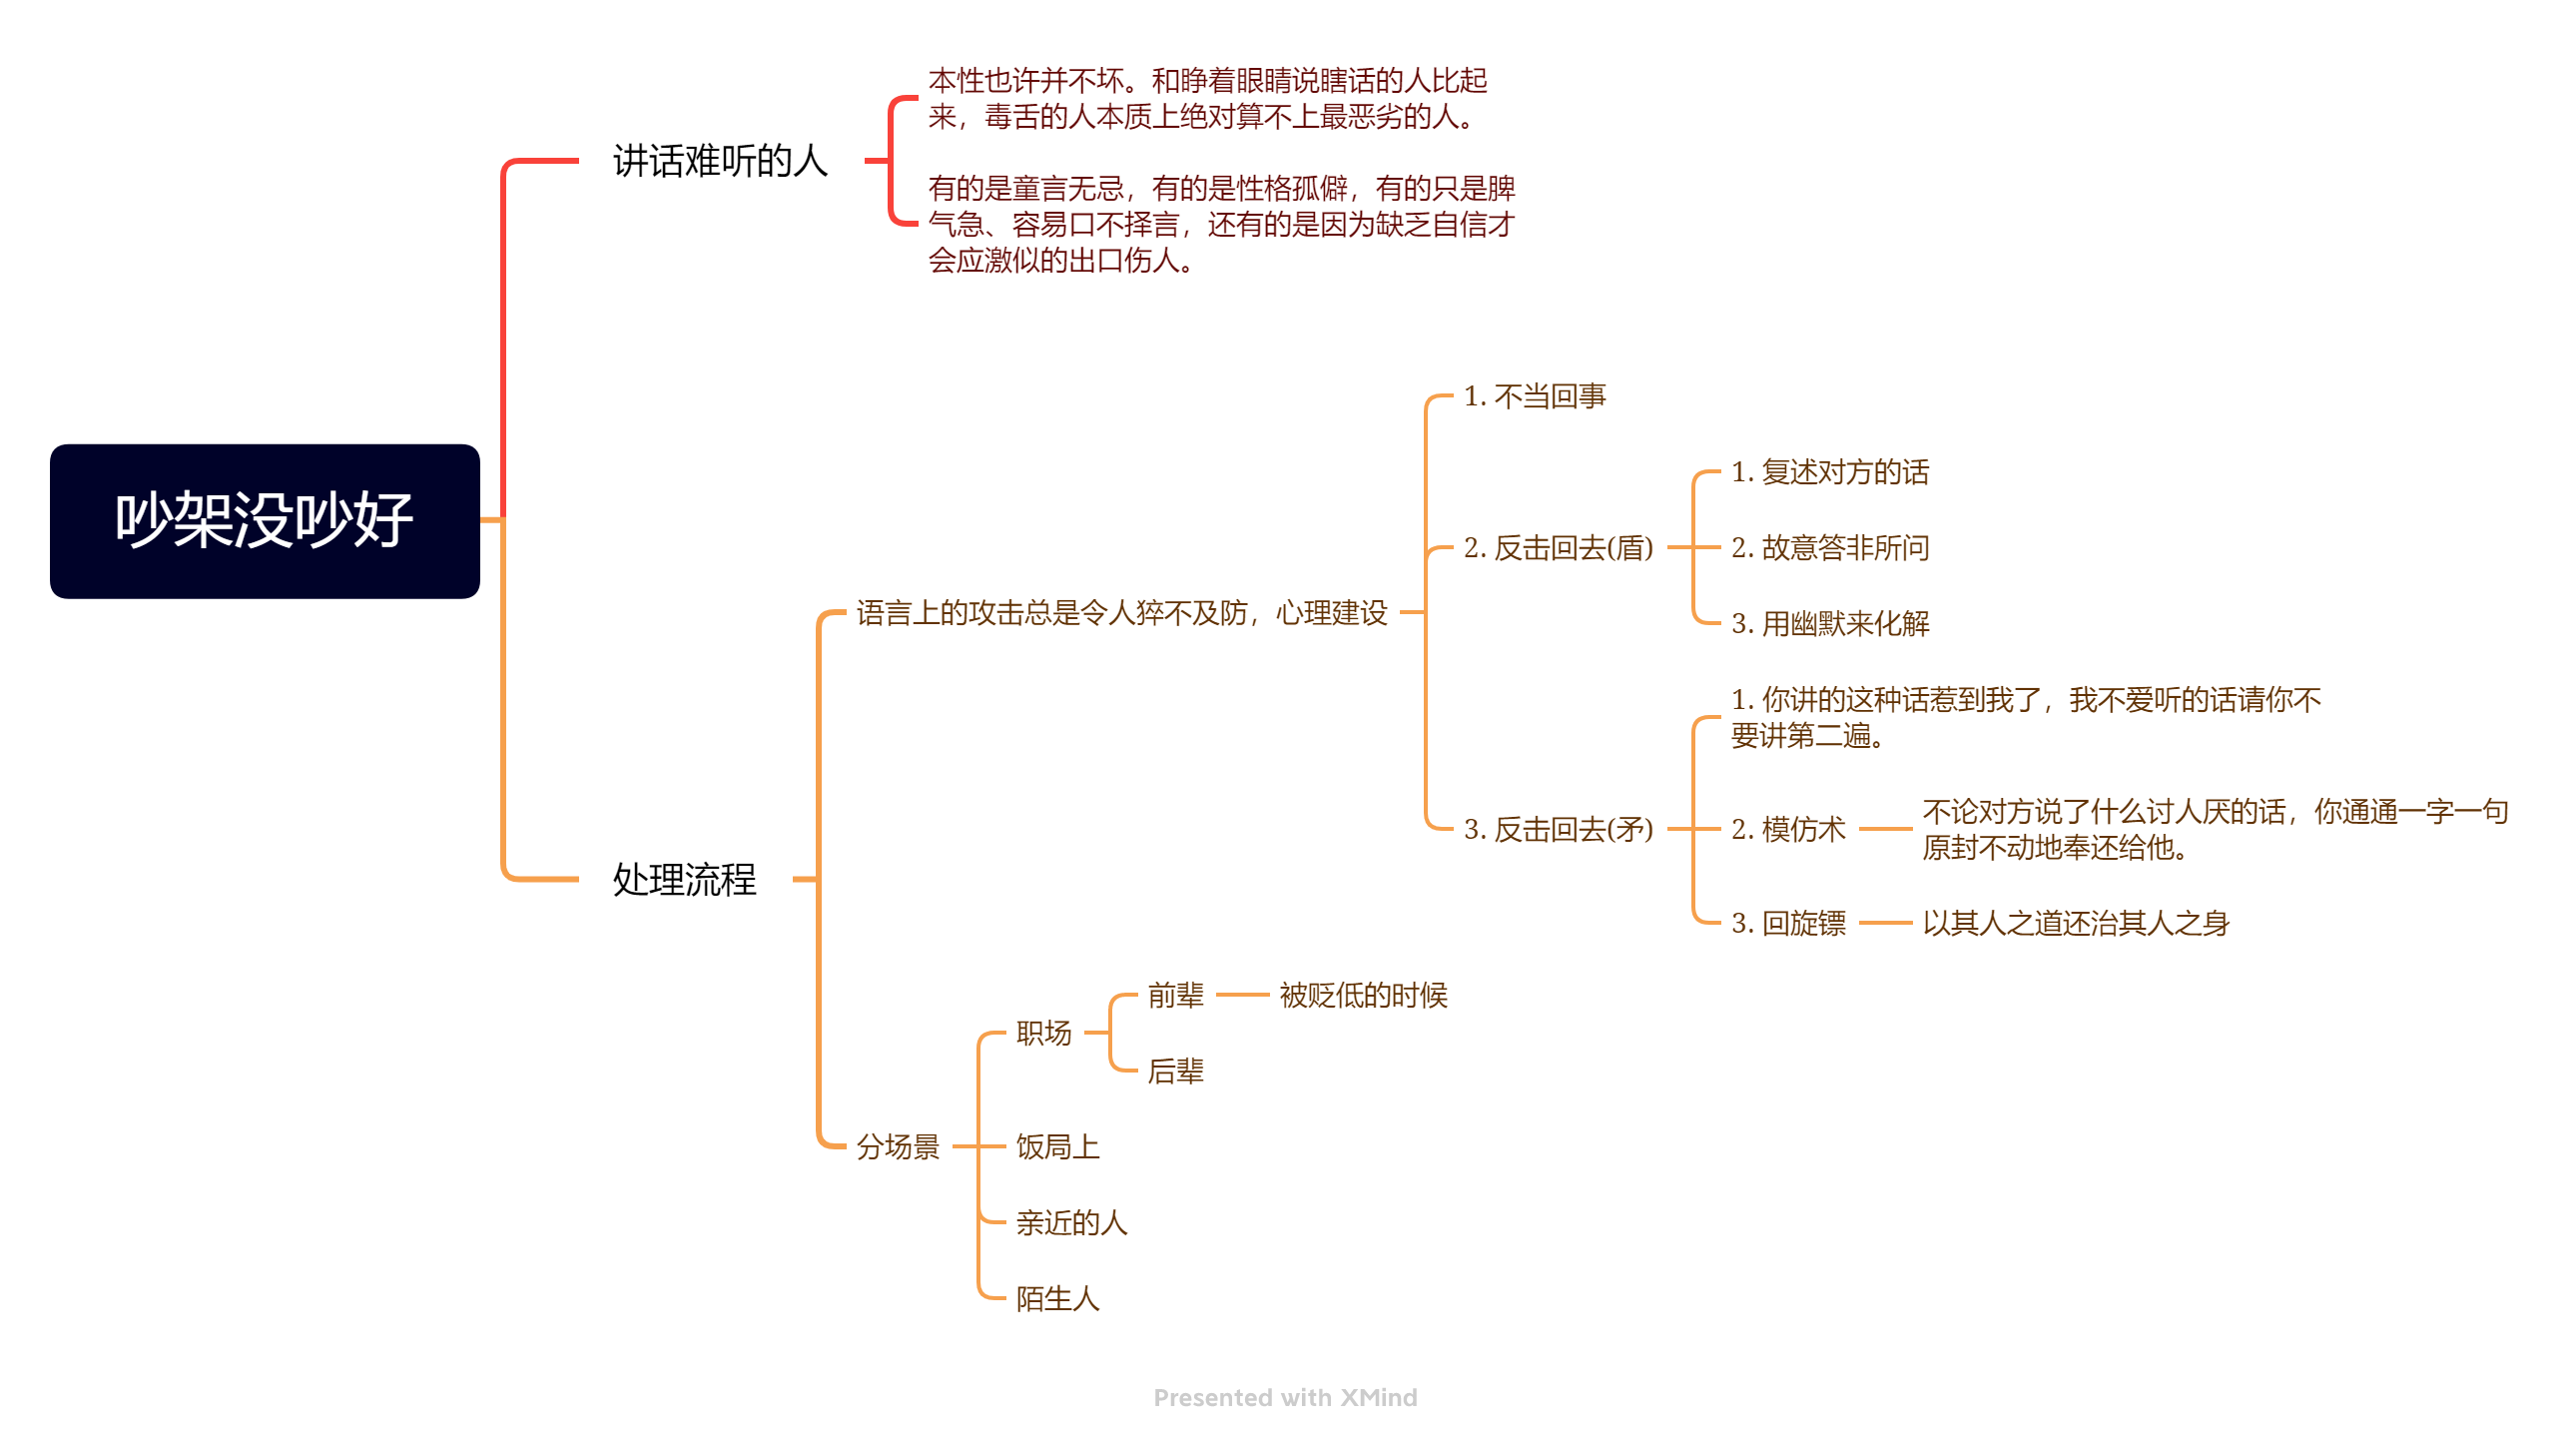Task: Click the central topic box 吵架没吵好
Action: point(265,520)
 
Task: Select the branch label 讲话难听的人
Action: point(720,161)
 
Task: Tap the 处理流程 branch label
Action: point(684,880)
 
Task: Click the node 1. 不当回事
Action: point(1535,396)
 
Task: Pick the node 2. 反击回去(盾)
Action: point(1558,548)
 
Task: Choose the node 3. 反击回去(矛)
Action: point(1558,829)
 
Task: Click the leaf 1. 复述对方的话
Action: point(1829,472)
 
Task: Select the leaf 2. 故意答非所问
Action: point(1829,548)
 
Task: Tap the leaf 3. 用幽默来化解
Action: point(1829,624)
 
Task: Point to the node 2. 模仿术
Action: point(1788,829)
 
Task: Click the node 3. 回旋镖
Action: point(1788,923)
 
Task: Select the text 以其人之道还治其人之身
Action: point(2076,923)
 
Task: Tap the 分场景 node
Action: point(898,1146)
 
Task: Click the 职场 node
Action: point(1043,1033)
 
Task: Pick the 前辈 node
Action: point(1175,995)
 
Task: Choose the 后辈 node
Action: point(1175,1071)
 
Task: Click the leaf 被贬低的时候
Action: point(1363,995)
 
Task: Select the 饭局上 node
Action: point(1057,1146)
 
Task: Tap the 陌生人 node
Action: point(1057,1298)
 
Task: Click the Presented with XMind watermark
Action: point(1285,1397)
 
